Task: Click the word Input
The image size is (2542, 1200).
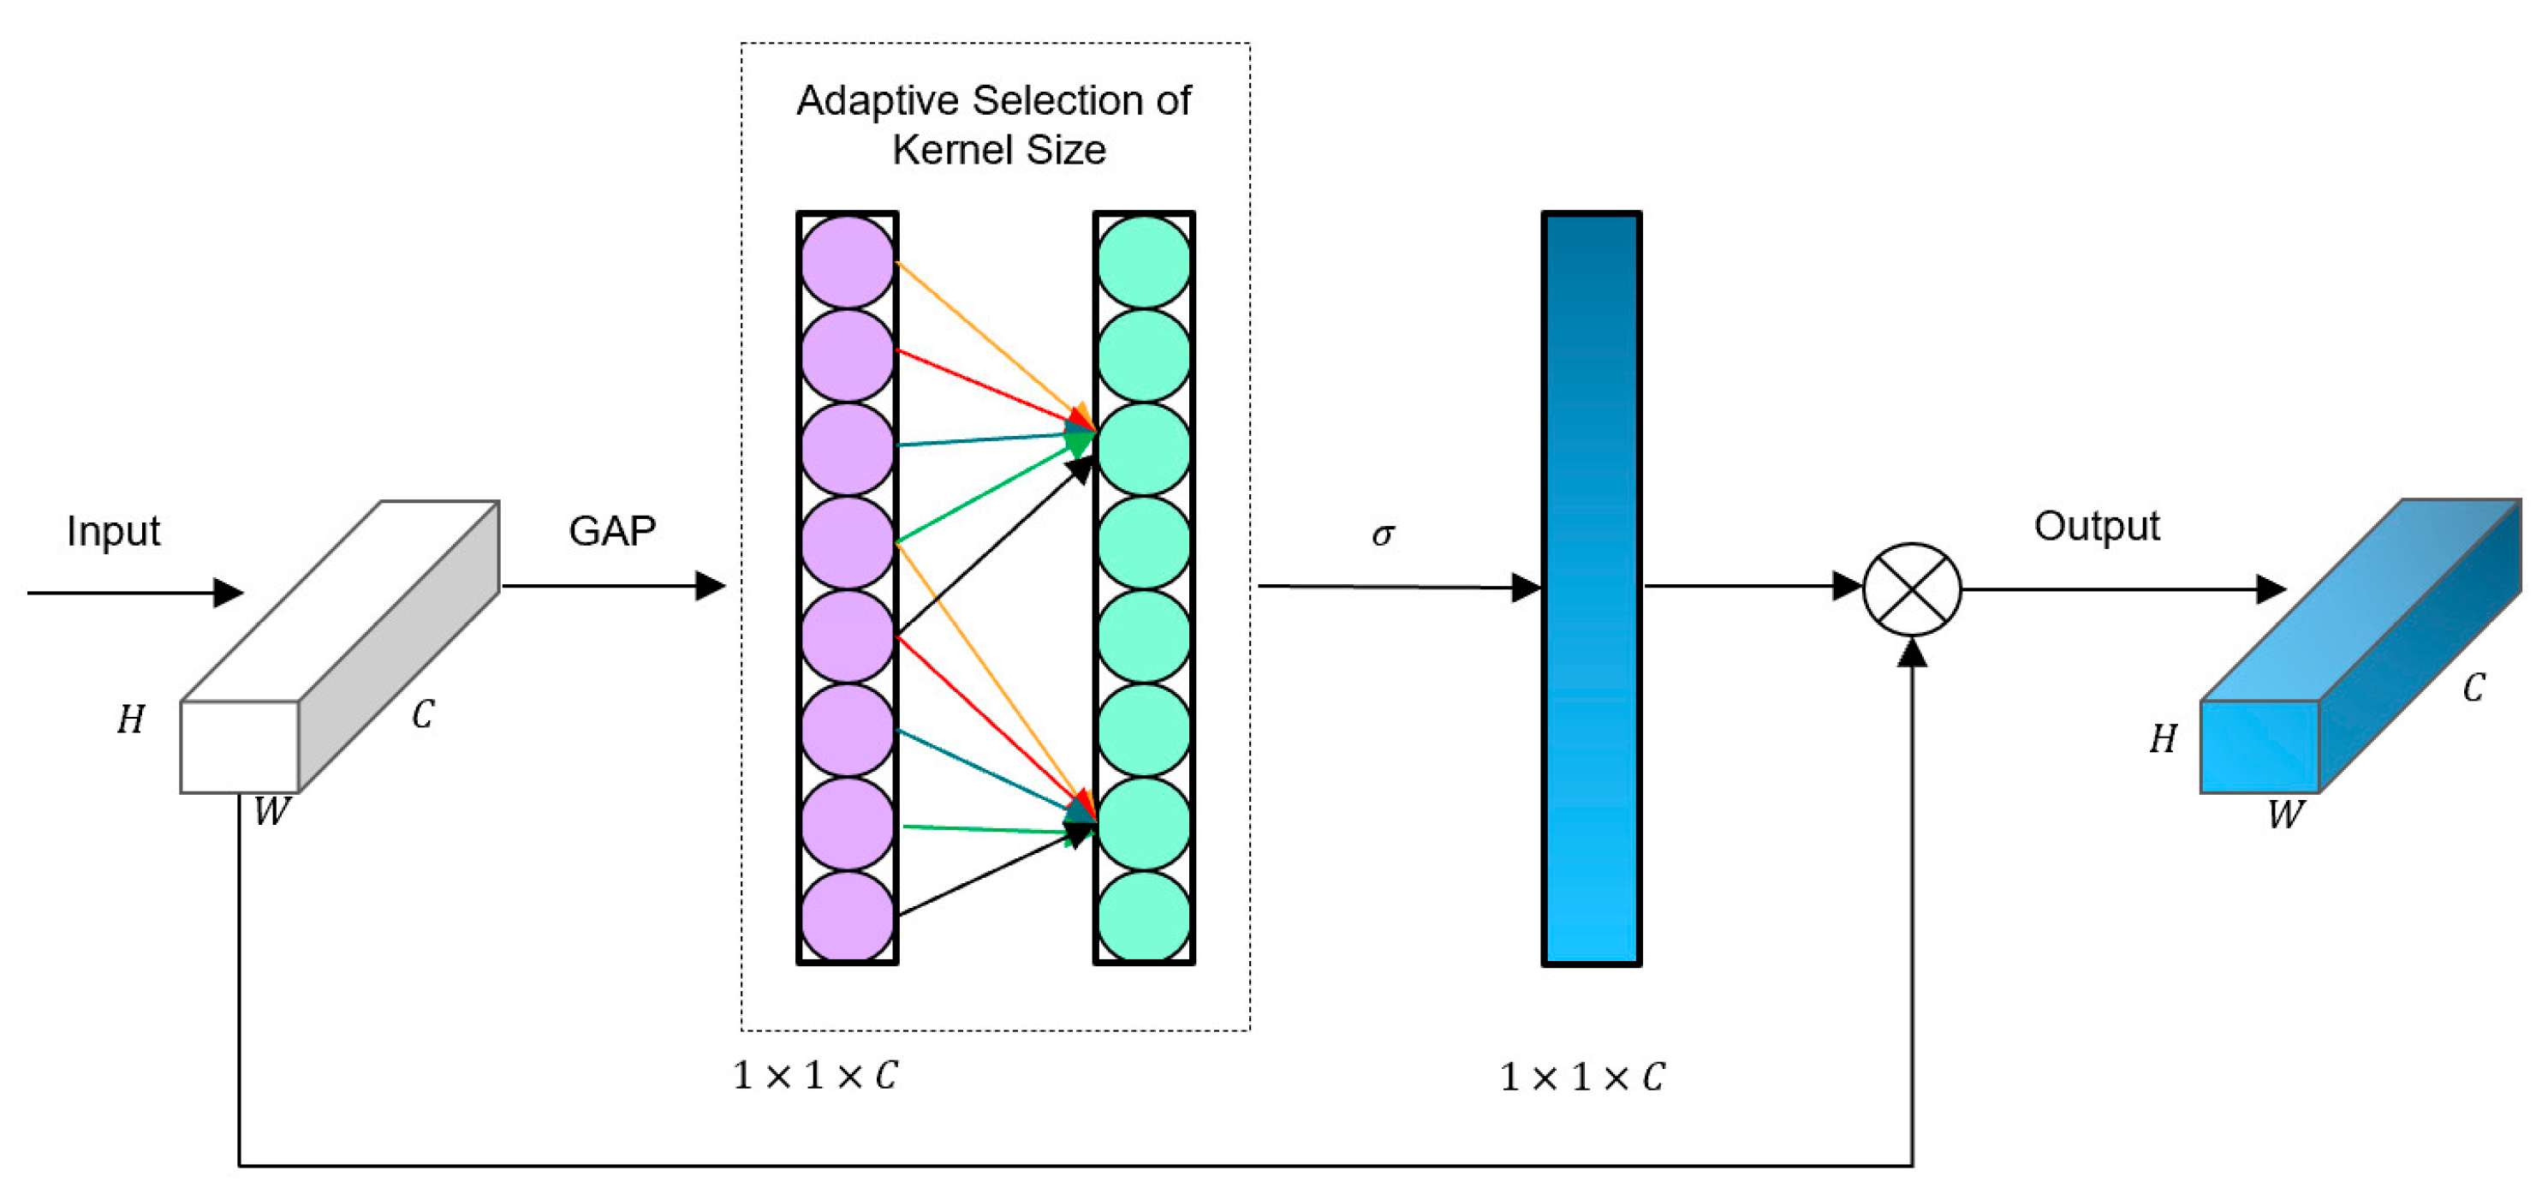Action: tap(112, 531)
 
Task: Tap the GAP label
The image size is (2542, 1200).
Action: tap(612, 531)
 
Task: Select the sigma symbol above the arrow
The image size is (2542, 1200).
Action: tap(1383, 534)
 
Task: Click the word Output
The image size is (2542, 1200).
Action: tap(2096, 526)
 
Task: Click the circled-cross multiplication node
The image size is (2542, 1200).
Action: tap(1912, 590)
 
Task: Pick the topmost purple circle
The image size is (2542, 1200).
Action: tap(847, 261)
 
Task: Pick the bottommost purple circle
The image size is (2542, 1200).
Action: tap(847, 916)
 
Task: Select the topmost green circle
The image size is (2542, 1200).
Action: tap(1144, 261)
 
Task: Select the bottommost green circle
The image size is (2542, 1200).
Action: tap(1144, 916)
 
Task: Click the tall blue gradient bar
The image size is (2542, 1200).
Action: tap(1591, 588)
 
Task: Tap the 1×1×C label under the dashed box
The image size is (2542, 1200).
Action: tap(815, 1076)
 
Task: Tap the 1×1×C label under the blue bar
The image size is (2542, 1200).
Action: tap(1582, 1078)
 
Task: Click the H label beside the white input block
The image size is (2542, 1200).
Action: tap(130, 719)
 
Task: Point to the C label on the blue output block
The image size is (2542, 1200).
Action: tap(2473, 688)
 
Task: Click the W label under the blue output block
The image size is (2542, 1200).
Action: tap(2285, 815)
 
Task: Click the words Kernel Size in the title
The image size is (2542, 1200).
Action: tap(998, 150)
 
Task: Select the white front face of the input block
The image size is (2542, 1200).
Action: tap(240, 746)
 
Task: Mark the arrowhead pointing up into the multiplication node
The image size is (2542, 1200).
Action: tap(1912, 654)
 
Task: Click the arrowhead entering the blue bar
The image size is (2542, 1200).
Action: tap(1526, 588)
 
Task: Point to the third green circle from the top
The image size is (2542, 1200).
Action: tap(1144, 449)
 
